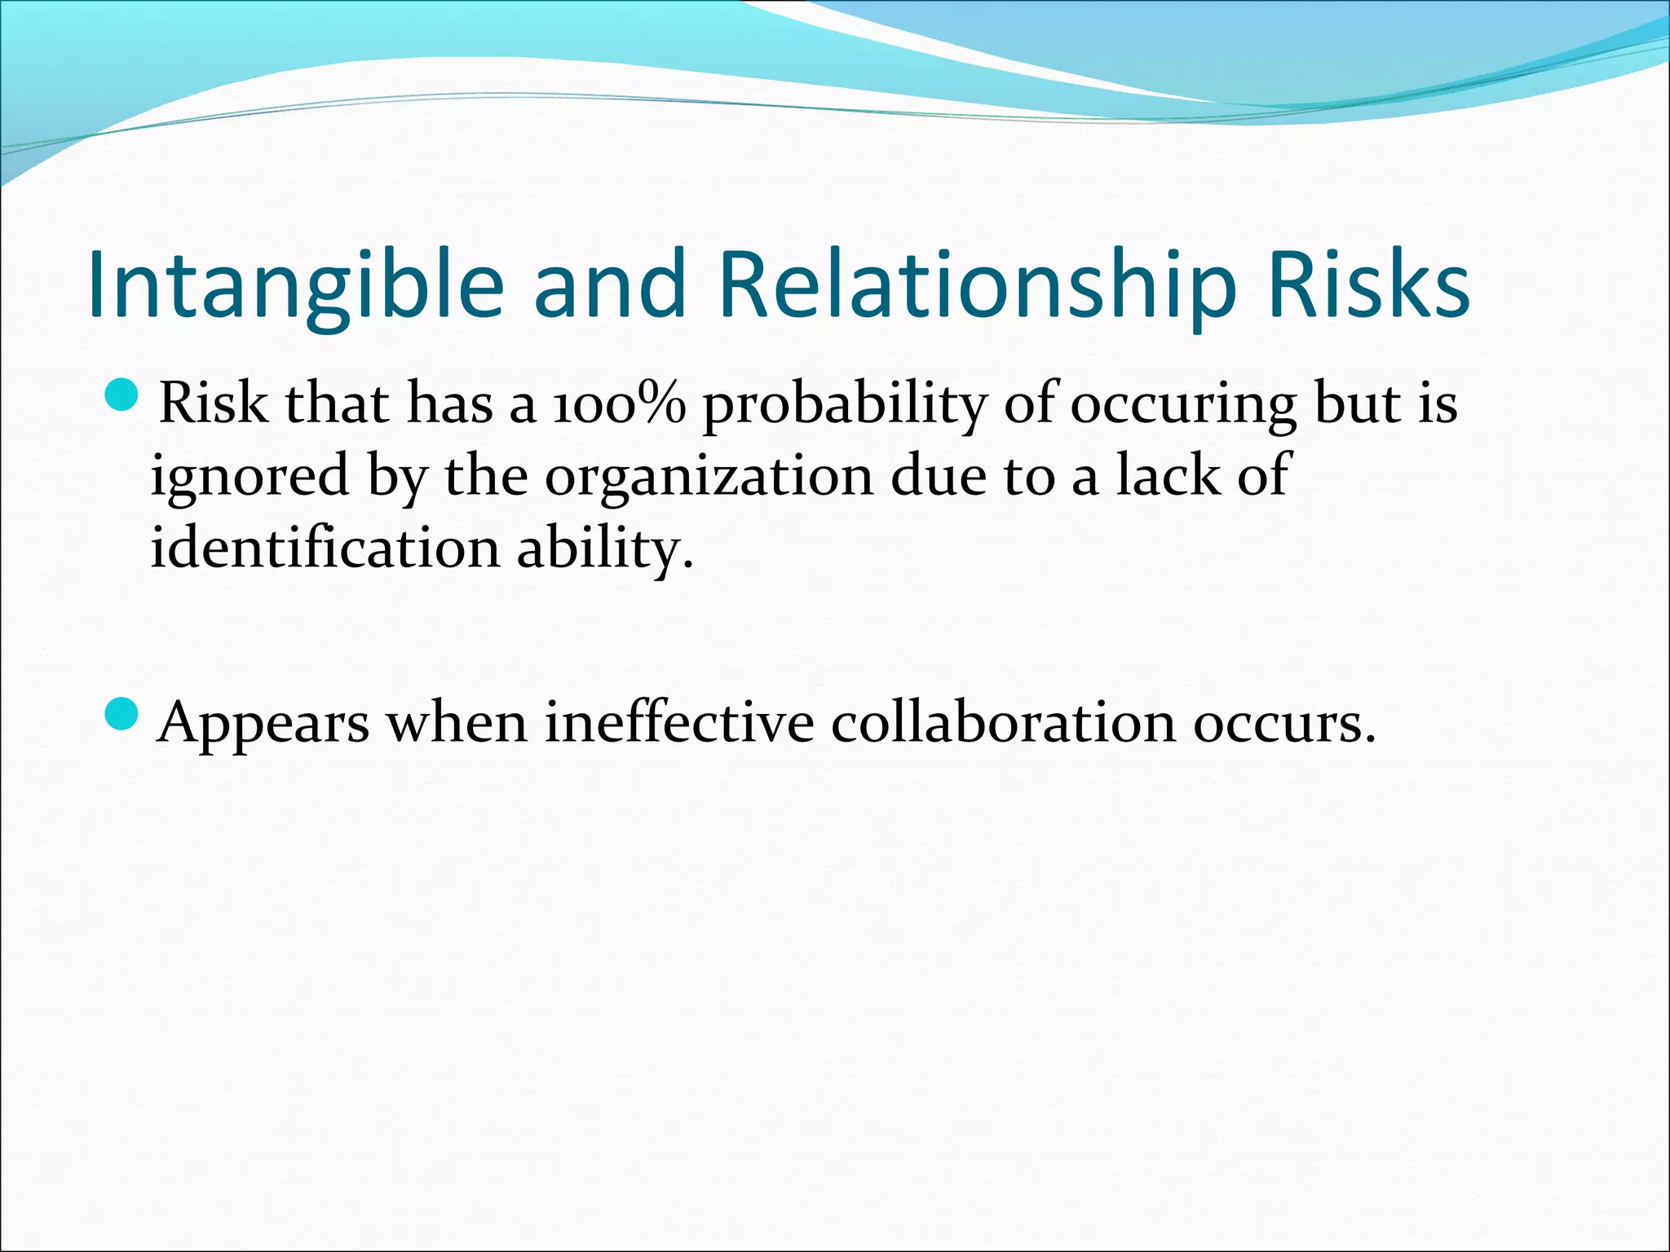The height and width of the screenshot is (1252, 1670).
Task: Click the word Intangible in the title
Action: point(295,285)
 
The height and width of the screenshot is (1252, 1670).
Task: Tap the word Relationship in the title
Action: point(978,285)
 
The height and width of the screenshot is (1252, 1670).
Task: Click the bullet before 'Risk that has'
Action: point(123,397)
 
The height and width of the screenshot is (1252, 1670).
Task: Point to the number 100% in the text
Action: point(619,403)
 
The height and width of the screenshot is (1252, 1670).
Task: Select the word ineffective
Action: point(679,722)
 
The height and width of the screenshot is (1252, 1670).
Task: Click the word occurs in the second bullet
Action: point(1283,724)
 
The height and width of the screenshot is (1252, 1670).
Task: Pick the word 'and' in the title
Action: point(610,285)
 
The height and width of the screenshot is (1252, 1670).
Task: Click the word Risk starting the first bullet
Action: point(213,403)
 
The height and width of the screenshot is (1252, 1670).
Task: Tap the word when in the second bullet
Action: point(457,722)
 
